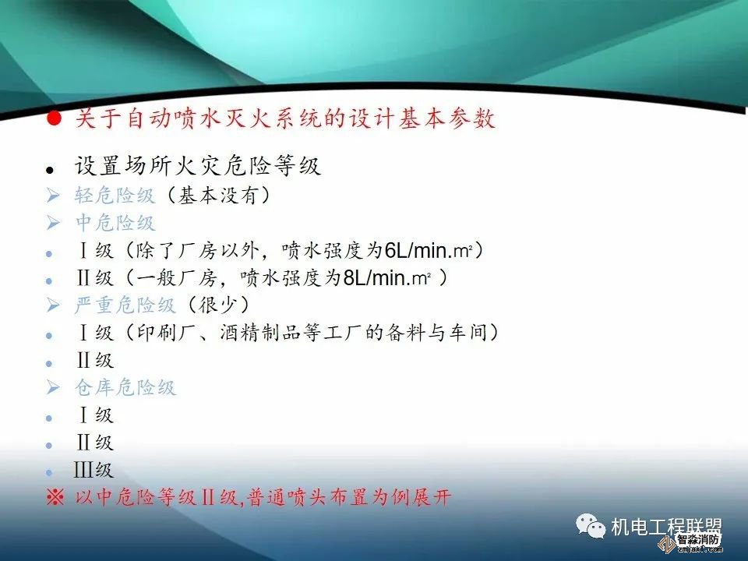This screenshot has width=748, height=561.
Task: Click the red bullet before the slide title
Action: click(52, 119)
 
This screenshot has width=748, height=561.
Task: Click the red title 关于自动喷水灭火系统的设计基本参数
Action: click(284, 119)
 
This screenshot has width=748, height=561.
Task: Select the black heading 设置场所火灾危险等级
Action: click(197, 166)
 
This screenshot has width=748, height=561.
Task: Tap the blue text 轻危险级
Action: click(115, 195)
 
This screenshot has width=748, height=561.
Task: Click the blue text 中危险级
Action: click(115, 223)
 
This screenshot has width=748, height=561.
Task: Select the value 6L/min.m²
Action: click(431, 251)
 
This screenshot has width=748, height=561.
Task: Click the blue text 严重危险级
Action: click(125, 305)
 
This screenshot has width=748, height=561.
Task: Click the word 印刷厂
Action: click(164, 333)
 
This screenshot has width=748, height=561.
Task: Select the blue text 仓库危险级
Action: click(125, 387)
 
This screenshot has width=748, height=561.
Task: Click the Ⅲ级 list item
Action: click(94, 471)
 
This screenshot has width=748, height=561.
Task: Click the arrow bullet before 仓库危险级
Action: click(53, 387)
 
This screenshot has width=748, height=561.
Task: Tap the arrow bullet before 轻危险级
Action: click(53, 196)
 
